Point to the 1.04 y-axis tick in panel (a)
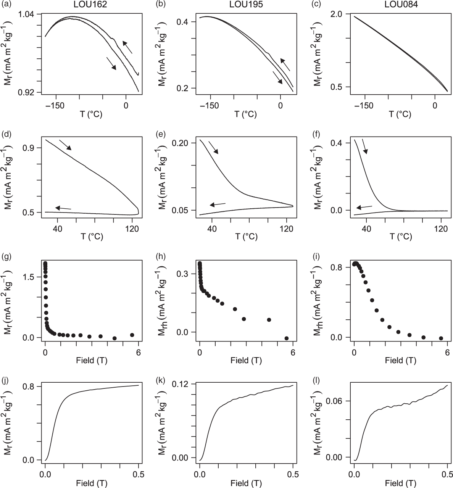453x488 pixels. [26, 14]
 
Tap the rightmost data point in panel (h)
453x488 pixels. [287, 338]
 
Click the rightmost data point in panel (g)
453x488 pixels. [132, 335]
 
